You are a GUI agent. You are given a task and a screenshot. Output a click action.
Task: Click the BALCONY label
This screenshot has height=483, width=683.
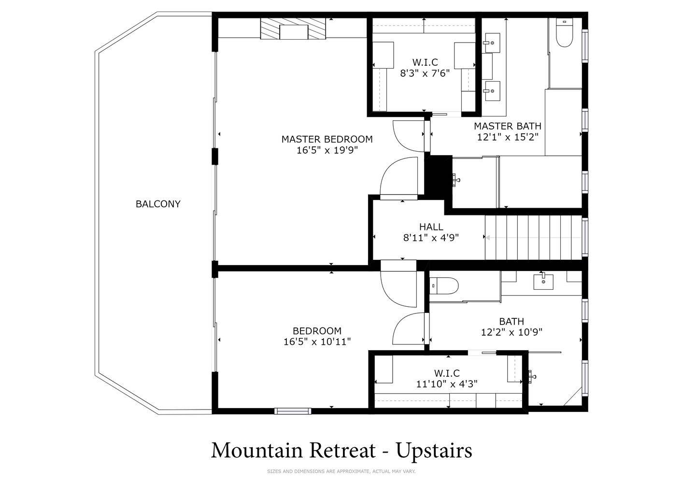pos(158,204)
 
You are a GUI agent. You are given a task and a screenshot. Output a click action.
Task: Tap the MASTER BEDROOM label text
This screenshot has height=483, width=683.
pos(327,140)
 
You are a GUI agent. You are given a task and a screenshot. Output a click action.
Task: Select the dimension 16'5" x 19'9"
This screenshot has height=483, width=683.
pos(327,150)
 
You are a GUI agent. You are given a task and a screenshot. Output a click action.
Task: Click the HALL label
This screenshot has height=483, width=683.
pos(431,227)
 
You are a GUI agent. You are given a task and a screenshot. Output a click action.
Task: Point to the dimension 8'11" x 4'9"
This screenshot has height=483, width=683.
pos(431,238)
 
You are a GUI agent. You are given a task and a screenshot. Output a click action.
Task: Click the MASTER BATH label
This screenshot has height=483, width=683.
pos(507,126)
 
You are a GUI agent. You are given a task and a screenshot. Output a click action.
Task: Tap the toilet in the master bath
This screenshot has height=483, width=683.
pos(564,32)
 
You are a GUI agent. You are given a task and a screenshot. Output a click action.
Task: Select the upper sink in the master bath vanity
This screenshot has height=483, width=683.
pos(491,43)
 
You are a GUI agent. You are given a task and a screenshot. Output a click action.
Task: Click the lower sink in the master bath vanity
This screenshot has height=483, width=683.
pos(491,91)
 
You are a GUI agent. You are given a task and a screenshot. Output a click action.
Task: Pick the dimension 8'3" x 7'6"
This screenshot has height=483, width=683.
pos(425,73)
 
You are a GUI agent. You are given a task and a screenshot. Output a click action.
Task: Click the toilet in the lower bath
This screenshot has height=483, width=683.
pos(444,286)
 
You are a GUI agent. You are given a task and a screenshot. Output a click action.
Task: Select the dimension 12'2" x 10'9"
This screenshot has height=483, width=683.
pos(512,332)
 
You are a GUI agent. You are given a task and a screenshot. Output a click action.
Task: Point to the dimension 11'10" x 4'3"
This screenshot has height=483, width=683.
pos(447,384)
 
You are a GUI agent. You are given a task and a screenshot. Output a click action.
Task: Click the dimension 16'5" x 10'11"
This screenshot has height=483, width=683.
pos(317,342)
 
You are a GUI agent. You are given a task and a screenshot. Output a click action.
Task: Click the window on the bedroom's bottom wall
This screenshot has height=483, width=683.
pos(293,411)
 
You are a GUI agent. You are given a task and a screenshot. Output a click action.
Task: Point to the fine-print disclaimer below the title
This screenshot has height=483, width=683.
pos(341,471)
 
